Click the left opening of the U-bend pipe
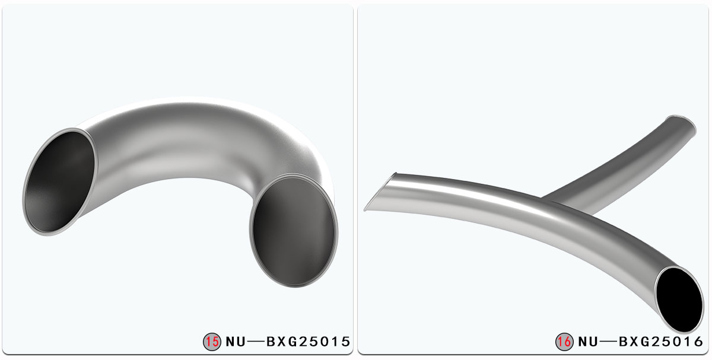click(59, 181)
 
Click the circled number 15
click(212, 342)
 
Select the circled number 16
click(564, 342)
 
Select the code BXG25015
click(309, 342)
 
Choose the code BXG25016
click(661, 342)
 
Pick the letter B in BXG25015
click(272, 342)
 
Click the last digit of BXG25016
click(698, 342)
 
